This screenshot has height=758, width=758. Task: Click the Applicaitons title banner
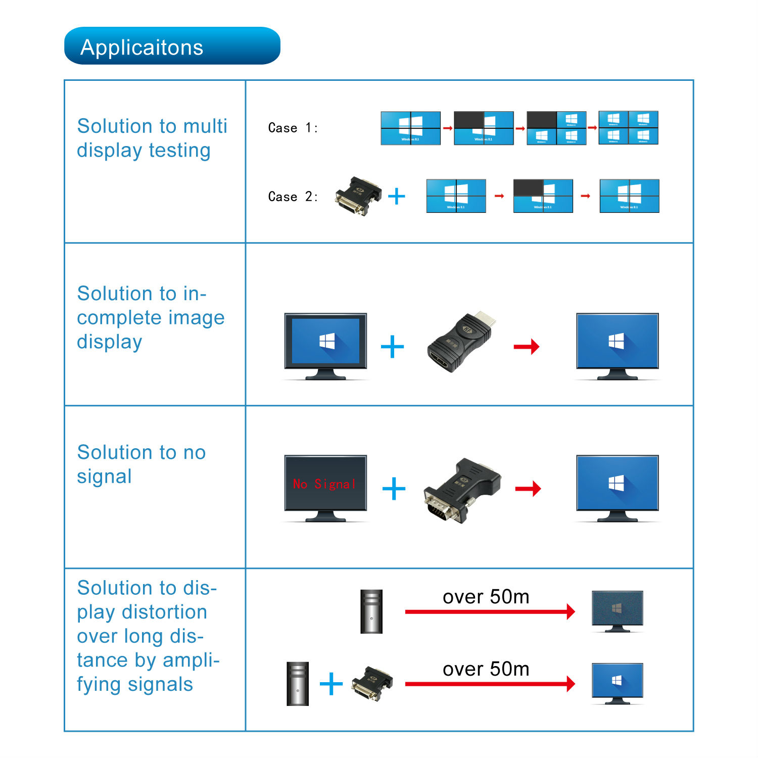click(172, 46)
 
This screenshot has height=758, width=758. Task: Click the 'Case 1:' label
click(293, 128)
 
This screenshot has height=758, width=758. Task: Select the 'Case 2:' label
click(293, 197)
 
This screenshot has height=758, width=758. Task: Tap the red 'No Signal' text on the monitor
click(325, 484)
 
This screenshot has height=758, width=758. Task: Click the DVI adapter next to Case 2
click(358, 196)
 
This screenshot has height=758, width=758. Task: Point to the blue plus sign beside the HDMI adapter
click(392, 347)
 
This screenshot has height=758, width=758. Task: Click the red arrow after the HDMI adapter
click(526, 347)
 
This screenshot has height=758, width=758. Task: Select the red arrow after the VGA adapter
click(528, 489)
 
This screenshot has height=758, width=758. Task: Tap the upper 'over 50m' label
click(486, 597)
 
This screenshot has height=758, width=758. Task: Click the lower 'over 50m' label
click(486, 669)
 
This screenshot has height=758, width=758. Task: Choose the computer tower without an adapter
click(371, 611)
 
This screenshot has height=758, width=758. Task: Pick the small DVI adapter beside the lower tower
click(372, 683)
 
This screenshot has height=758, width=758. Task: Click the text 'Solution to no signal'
click(141, 464)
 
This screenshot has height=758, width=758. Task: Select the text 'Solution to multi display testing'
click(152, 138)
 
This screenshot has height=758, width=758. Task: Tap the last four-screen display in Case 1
click(628, 128)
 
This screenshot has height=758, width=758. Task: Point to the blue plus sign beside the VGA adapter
click(394, 489)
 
